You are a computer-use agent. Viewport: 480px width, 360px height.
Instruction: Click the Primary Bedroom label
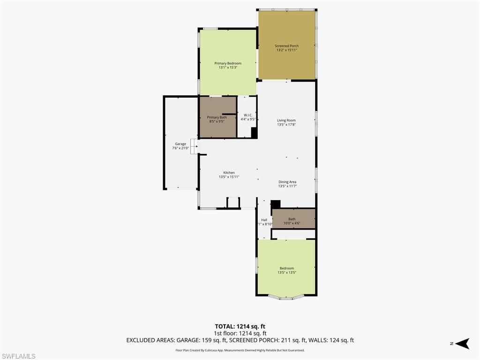click(x=228, y=63)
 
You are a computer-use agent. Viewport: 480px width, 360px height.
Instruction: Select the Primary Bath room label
click(x=217, y=117)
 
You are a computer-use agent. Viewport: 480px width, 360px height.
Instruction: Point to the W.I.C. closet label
click(x=248, y=115)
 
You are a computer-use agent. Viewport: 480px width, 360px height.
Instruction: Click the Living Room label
click(x=286, y=120)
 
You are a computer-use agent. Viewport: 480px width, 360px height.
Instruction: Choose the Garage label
click(x=180, y=144)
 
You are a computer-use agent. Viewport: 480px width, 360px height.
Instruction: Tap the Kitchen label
click(x=229, y=172)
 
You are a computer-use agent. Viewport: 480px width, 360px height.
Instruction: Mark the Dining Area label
click(x=287, y=182)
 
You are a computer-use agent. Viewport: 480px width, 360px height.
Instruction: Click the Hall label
click(x=264, y=220)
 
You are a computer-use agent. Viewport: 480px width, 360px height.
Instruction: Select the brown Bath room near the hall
click(x=293, y=219)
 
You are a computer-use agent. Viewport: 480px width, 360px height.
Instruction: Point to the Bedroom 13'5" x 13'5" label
click(x=286, y=270)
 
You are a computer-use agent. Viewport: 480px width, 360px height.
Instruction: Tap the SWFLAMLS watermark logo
click(x=18, y=356)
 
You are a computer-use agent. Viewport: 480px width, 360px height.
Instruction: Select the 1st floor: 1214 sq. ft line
click(x=240, y=333)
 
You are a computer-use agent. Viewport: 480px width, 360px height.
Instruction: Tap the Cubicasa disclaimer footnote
click(x=240, y=350)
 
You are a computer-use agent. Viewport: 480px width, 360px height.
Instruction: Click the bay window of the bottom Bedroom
click(x=286, y=297)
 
